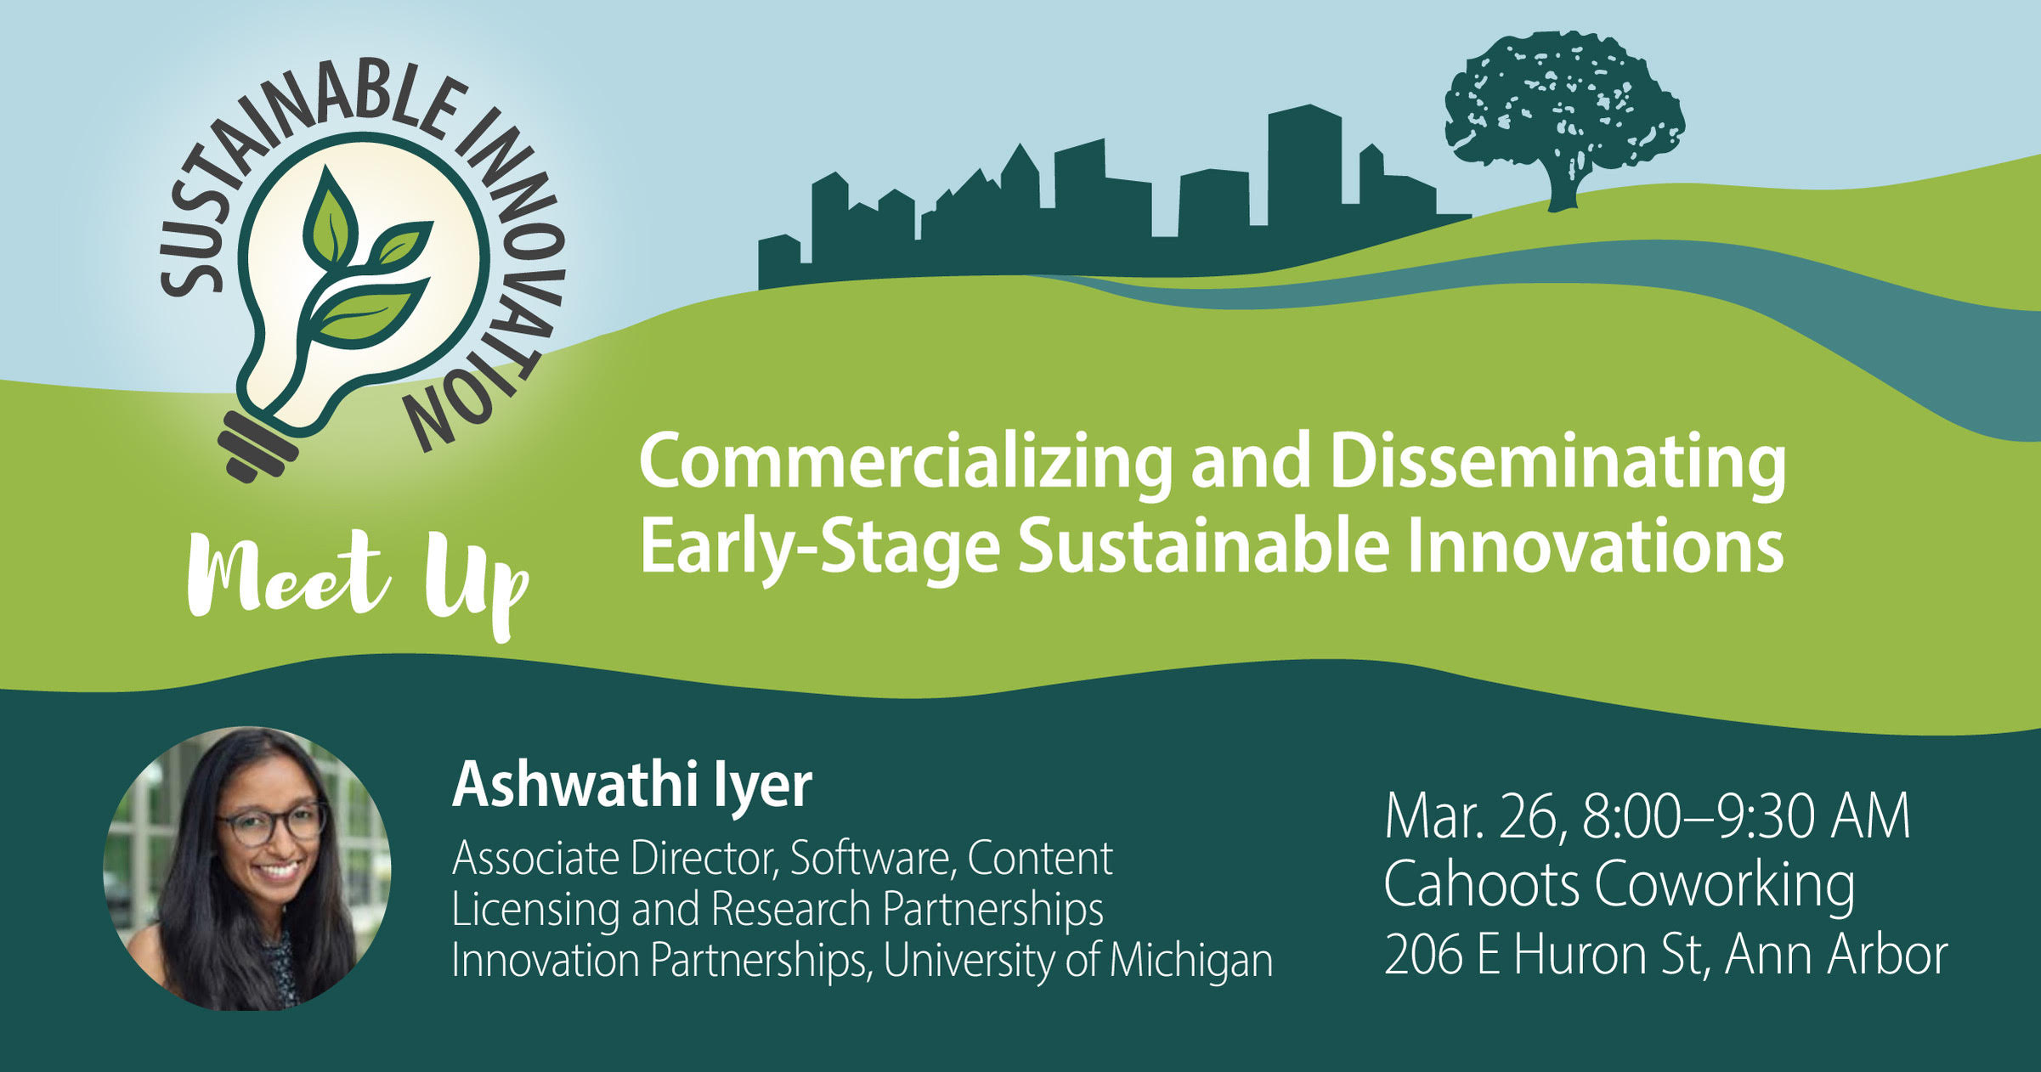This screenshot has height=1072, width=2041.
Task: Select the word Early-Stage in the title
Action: pos(819,548)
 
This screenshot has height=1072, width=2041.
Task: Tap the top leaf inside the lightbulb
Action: pos(332,217)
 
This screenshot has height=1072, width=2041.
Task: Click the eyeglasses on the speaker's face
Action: pos(272,822)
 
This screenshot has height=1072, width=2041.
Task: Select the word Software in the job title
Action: pos(871,859)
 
